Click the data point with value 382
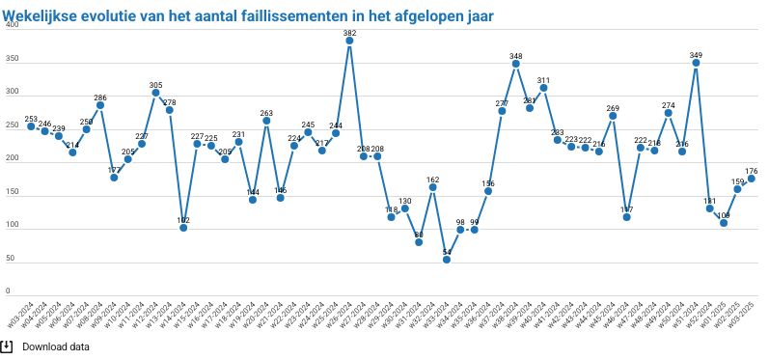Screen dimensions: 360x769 click(349, 42)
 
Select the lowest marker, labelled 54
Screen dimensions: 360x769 click(447, 260)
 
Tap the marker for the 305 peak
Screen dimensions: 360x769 click(155, 93)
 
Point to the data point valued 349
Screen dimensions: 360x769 click(696, 63)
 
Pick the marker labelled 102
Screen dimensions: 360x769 click(183, 228)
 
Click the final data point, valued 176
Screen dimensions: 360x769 click(752, 179)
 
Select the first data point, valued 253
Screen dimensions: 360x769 click(31, 126)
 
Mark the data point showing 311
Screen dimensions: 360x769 click(544, 88)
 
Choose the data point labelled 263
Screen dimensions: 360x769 click(266, 121)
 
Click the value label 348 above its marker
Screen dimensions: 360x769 click(516, 56)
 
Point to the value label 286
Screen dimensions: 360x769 click(100, 97)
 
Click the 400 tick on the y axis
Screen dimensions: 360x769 click(12, 25)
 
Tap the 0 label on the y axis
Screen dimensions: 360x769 click(8, 291)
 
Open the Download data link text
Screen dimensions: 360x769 click(56, 346)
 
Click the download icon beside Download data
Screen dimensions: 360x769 click(8, 346)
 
